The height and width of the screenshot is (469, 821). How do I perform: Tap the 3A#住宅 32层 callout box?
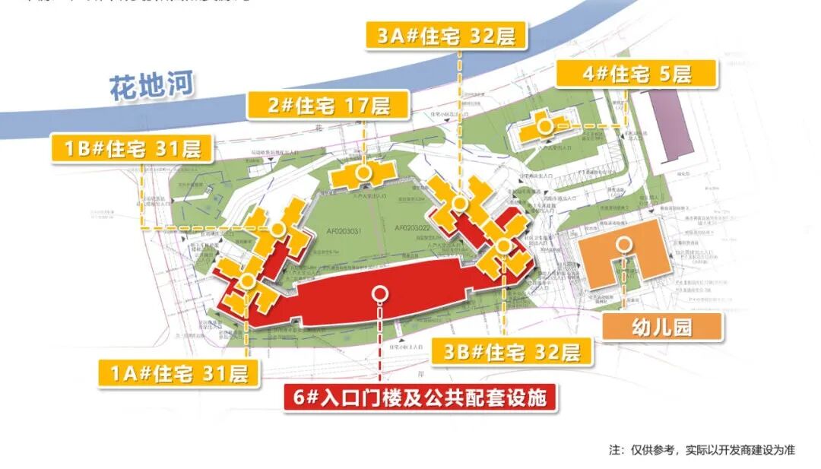click(446, 36)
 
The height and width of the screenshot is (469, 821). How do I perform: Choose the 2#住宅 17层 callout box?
click(328, 105)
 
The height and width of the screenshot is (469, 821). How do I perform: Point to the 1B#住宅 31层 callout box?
click(132, 147)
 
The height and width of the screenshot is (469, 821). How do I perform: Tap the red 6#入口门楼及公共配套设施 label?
click(420, 397)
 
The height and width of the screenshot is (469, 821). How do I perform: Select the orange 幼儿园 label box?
click(661, 328)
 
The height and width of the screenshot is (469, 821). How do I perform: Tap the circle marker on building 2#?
click(363, 173)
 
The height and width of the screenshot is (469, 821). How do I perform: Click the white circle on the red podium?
click(379, 293)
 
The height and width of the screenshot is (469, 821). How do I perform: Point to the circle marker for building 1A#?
click(247, 280)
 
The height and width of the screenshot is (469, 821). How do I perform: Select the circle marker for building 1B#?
click(278, 228)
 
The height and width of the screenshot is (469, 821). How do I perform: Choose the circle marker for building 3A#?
click(460, 203)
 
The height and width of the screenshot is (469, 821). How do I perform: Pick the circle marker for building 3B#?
click(503, 246)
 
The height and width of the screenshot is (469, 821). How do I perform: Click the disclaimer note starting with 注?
click(701, 450)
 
